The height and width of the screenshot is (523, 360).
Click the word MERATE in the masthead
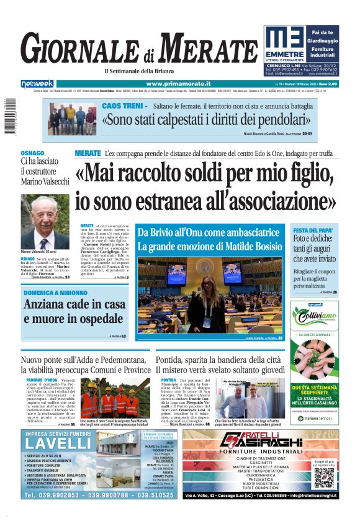click(x=210, y=48)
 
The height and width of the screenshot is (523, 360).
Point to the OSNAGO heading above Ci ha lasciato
click(x=32, y=153)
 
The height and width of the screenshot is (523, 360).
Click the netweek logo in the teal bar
click(x=37, y=84)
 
